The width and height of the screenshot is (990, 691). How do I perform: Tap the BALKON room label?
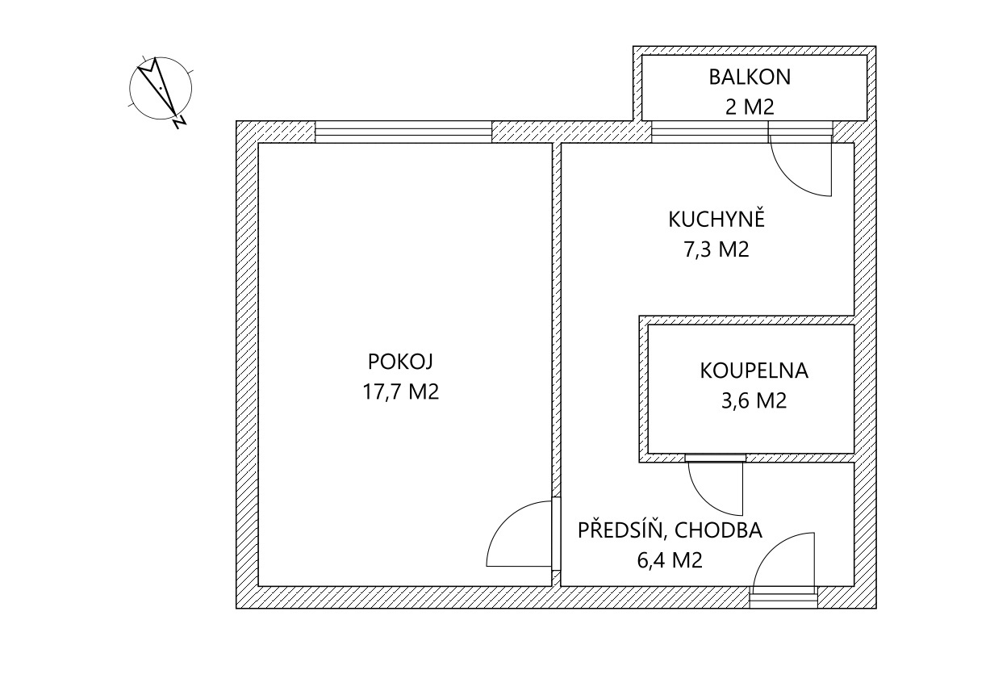click(x=750, y=77)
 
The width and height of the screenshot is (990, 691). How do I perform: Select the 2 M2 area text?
click(x=750, y=107)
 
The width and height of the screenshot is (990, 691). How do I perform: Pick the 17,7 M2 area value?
click(x=401, y=392)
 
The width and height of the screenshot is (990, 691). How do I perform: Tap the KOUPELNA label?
click(x=754, y=371)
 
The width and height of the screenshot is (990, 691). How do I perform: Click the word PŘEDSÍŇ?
click(x=620, y=530)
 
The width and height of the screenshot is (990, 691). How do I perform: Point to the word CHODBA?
click(x=717, y=530)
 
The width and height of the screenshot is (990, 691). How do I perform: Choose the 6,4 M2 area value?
click(x=670, y=559)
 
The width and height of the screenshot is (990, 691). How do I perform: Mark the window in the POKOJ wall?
click(x=403, y=132)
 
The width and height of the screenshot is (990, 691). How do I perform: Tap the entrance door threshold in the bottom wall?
click(x=783, y=597)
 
